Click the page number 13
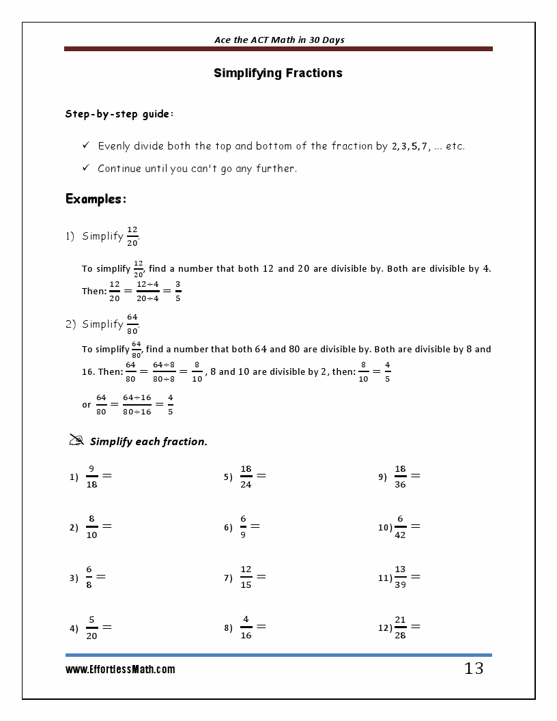pyautogui.click(x=474, y=668)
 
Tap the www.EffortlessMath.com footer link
pyautogui.click(x=120, y=670)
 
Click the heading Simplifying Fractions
pyautogui.click(x=278, y=73)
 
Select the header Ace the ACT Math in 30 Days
pyautogui.click(x=279, y=40)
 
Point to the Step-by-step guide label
pyautogui.click(x=119, y=114)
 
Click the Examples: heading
pyautogui.click(x=96, y=199)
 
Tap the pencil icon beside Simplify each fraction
pyautogui.click(x=76, y=440)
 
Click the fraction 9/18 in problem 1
pyautogui.click(x=91, y=477)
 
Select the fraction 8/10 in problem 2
pyautogui.click(x=91, y=526)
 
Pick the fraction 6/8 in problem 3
pyautogui.click(x=89, y=577)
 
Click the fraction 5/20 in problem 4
pyautogui.click(x=91, y=627)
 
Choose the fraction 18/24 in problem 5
pyautogui.click(x=246, y=477)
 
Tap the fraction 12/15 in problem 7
pyautogui.click(x=246, y=577)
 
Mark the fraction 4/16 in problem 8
pyautogui.click(x=246, y=627)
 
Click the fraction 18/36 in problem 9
pyautogui.click(x=400, y=477)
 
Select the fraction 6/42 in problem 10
pyautogui.click(x=400, y=526)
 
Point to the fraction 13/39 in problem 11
pyautogui.click(x=400, y=577)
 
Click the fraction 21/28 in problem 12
pyautogui.click(x=400, y=627)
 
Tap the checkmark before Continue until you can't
pyautogui.click(x=86, y=168)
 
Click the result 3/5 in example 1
pyautogui.click(x=177, y=291)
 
